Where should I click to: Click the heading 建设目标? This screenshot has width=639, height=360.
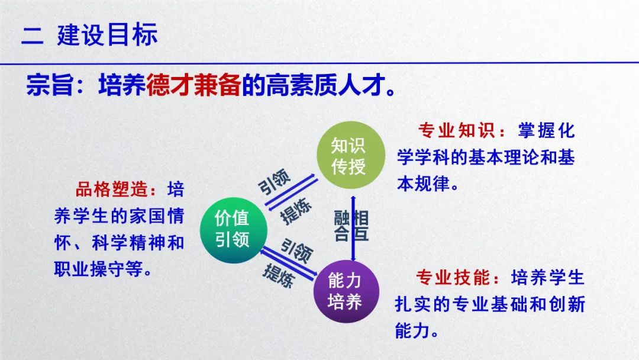click(x=107, y=35)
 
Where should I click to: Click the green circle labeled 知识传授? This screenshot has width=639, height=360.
click(x=350, y=155)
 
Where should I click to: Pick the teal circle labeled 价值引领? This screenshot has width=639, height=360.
click(x=234, y=230)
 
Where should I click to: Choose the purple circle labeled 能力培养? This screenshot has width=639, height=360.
click(x=346, y=291)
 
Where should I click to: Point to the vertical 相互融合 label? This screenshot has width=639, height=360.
click(x=351, y=226)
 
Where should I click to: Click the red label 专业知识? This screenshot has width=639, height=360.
click(x=456, y=130)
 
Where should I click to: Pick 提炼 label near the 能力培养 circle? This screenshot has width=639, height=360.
click(x=279, y=275)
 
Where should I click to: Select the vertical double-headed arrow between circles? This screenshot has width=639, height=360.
click(x=353, y=229)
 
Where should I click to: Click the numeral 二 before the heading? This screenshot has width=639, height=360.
click(x=32, y=36)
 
